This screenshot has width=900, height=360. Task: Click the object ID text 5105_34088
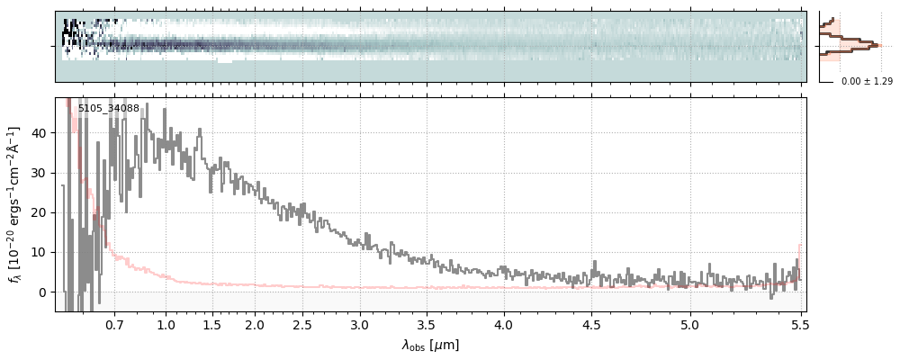[x=108, y=109]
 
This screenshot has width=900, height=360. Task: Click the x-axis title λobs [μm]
[x=430, y=345]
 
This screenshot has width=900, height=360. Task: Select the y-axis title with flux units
[x=15, y=203]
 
